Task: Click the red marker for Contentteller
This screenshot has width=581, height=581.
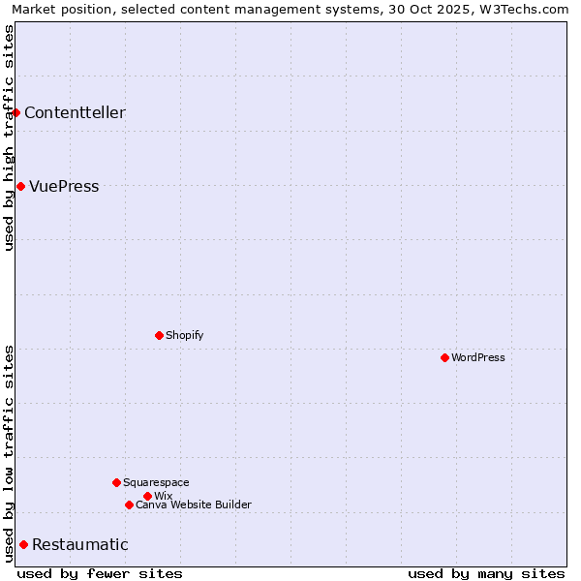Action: pyautogui.click(x=16, y=113)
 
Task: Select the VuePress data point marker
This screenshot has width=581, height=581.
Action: pyautogui.click(x=20, y=186)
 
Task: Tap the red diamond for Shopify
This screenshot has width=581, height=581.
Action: pyautogui.click(x=159, y=335)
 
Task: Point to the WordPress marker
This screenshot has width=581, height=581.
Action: pyautogui.click(x=444, y=357)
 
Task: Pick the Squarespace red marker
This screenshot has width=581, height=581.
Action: pyautogui.click(x=116, y=482)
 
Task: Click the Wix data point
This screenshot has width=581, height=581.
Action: pyautogui.click(x=147, y=496)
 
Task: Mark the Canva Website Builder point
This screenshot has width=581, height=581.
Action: pyautogui.click(x=129, y=505)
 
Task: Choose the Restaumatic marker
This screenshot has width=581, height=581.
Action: pyautogui.click(x=23, y=544)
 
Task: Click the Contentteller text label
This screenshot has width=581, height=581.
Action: pyautogui.click(x=75, y=113)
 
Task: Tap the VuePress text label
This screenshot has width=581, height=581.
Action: pyautogui.click(x=64, y=187)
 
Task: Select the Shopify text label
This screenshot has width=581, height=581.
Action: pyautogui.click(x=184, y=336)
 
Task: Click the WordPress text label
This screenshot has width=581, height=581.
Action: pyautogui.click(x=478, y=358)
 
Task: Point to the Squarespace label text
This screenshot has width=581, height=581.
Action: pyautogui.click(x=156, y=483)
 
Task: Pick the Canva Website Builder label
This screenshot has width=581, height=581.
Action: pyautogui.click(x=194, y=505)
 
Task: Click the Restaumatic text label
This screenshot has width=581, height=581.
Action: pyautogui.click(x=79, y=545)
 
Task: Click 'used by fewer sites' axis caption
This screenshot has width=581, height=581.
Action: pyautogui.click(x=100, y=573)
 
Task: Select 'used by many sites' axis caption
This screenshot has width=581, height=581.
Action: pyautogui.click(x=486, y=573)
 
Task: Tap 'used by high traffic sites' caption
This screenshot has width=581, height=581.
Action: pyautogui.click(x=9, y=138)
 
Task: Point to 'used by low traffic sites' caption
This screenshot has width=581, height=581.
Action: pyautogui.click(x=9, y=453)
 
